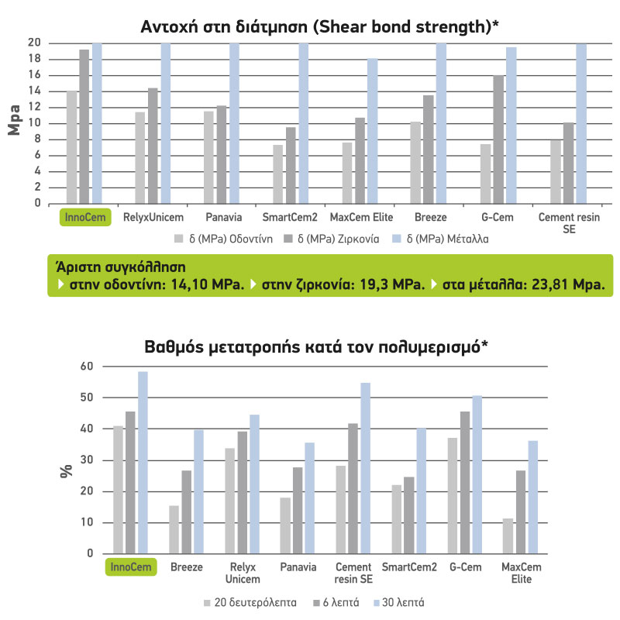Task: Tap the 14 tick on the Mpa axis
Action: [34, 91]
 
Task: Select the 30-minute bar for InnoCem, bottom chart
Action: [143, 462]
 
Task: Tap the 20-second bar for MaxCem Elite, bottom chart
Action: [508, 536]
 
